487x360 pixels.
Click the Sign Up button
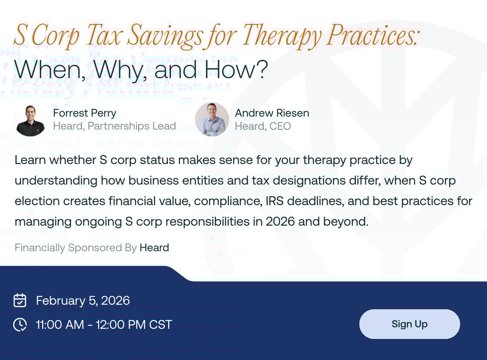pyautogui.click(x=409, y=324)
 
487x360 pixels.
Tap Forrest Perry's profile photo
pyautogui.click(x=30, y=120)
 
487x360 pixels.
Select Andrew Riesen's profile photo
pyautogui.click(x=212, y=119)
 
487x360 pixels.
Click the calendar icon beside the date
pyautogui.click(x=20, y=300)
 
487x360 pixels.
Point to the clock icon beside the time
pyautogui.click(x=20, y=324)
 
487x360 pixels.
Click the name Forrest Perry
pyautogui.click(x=84, y=113)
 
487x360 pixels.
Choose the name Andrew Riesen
pyautogui.click(x=272, y=113)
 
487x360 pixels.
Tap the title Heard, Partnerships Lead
pyautogui.click(x=114, y=126)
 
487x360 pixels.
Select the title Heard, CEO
pyautogui.click(x=263, y=126)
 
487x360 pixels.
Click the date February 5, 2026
pyautogui.click(x=83, y=300)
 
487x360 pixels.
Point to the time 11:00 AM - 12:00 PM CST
pyautogui.click(x=104, y=324)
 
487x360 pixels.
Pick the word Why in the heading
pyautogui.click(x=115, y=70)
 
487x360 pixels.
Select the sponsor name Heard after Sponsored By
pyautogui.click(x=154, y=248)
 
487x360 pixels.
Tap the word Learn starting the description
pyautogui.click(x=30, y=160)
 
